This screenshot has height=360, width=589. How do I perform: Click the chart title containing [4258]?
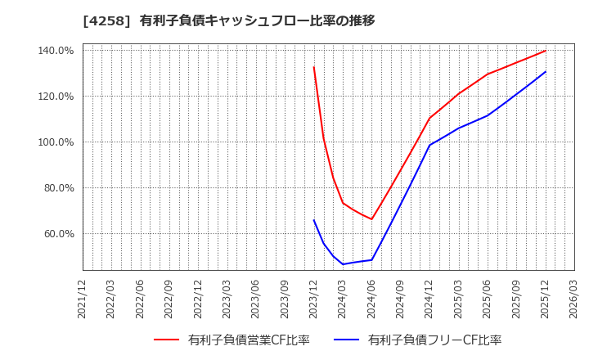pos(229,20)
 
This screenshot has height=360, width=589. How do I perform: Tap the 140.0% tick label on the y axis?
pos(56,51)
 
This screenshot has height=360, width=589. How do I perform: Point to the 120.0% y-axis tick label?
pos(56,97)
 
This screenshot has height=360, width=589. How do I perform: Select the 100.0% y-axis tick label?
pos(56,142)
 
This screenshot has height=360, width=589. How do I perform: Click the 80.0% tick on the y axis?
pos(58,188)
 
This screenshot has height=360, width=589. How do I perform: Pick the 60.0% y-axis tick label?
pos(58,234)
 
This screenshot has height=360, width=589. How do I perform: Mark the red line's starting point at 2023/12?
pos(313,67)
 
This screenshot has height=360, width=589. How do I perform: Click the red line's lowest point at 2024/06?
pos(371,219)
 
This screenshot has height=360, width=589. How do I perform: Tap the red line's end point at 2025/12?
pos(545,51)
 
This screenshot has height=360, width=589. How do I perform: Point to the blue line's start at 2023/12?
pos(313,219)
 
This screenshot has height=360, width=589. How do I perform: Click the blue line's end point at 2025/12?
pos(545,72)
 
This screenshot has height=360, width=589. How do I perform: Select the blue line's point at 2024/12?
pos(429,146)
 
